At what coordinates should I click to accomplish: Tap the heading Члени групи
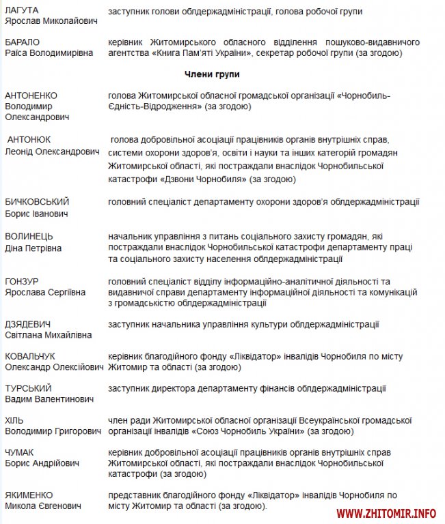212,74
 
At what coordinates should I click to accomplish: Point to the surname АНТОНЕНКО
31,96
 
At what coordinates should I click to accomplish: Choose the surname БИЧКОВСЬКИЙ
37,202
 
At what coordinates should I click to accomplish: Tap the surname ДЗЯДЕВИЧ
27,324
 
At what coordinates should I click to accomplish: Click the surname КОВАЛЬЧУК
30,356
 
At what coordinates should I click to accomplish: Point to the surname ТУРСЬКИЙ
28,388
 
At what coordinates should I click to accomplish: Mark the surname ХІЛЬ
14,420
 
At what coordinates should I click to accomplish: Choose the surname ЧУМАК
19,452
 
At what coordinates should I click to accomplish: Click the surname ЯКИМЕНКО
29,495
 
